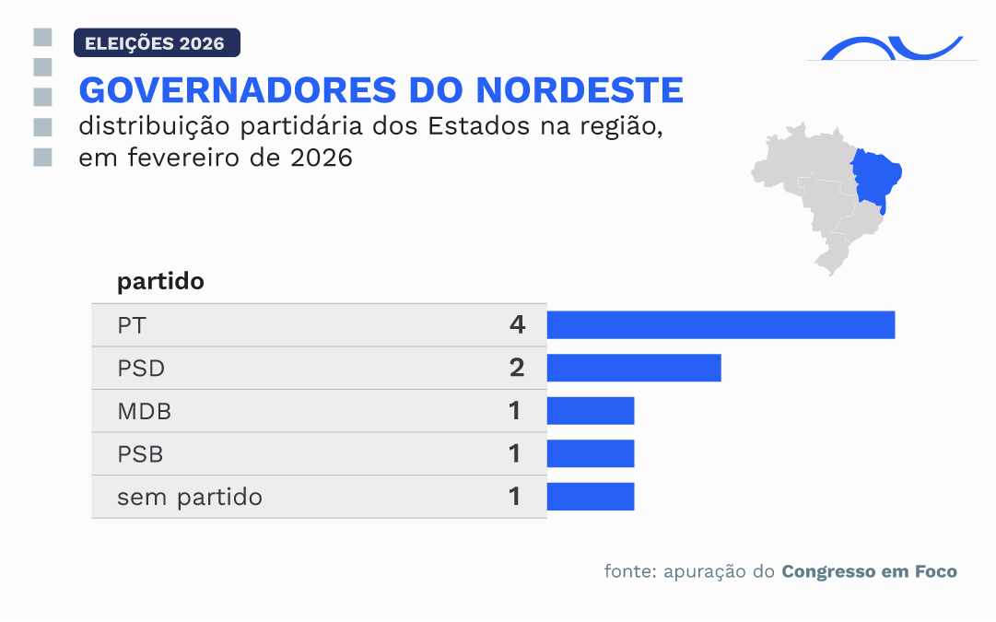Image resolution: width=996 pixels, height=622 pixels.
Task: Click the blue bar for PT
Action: click(721, 325)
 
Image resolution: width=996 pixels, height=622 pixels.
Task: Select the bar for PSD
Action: click(634, 368)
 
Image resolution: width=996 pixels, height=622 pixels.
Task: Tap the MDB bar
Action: click(591, 411)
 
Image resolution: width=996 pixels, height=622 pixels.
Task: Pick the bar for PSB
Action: click(591, 453)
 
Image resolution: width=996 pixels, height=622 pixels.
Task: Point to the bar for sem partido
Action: click(591, 497)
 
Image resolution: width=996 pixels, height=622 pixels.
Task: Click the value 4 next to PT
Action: click(516, 325)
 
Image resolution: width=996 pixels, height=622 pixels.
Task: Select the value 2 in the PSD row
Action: click(516, 368)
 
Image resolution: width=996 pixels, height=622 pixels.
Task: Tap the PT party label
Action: click(131, 325)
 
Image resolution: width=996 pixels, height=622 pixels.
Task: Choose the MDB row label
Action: click(144, 411)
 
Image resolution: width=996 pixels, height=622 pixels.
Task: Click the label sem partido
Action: click(189, 498)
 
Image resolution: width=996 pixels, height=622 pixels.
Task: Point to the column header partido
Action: click(160, 282)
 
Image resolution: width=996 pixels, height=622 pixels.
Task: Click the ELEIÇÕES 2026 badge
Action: click(156, 43)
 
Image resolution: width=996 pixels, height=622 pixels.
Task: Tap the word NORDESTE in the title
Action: click(580, 90)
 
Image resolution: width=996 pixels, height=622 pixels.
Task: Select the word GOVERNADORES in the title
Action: click(231, 90)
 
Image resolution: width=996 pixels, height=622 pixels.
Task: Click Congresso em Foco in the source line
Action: click(869, 571)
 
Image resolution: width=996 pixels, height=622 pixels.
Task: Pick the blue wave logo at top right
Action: click(890, 48)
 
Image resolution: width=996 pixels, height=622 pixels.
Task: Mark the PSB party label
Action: click(141, 454)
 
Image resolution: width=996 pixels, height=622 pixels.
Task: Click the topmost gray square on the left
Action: click(41, 38)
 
